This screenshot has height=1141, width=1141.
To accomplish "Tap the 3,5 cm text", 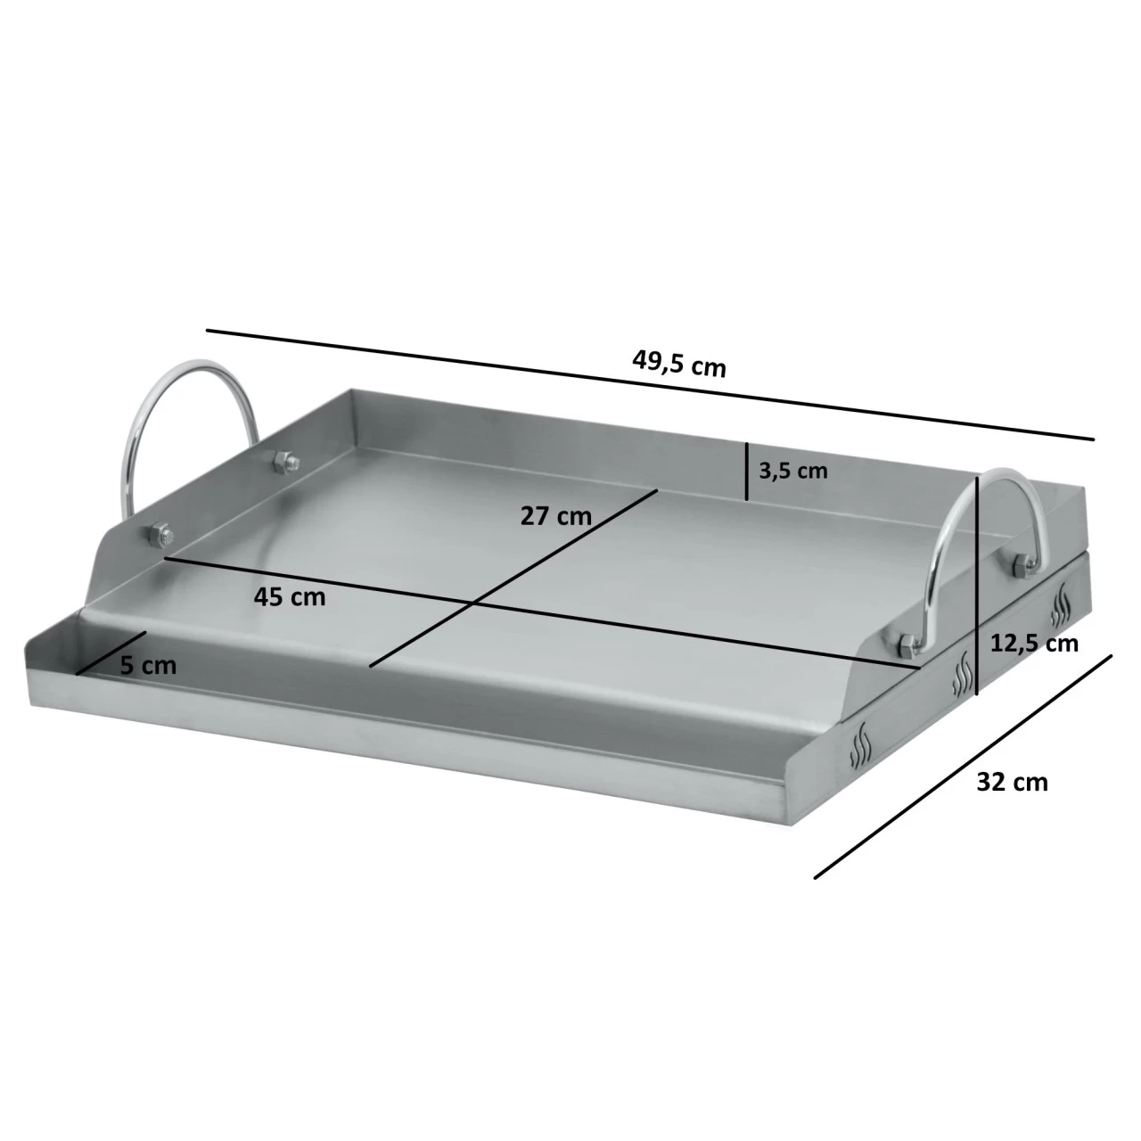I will tap(792, 471).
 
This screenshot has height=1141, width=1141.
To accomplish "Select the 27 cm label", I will tap(556, 516).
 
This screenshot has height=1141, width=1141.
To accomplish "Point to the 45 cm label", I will tap(290, 596).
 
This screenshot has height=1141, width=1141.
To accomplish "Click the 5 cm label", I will tap(148, 665).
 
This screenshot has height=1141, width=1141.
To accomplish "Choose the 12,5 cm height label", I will tap(1035, 643).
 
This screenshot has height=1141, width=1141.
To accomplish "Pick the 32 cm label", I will tap(1012, 782).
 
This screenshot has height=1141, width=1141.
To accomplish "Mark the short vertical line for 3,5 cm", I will tap(746, 472).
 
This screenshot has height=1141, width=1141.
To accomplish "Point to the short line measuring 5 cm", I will tap(111, 653).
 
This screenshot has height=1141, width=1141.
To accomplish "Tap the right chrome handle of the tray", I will tap(985, 517).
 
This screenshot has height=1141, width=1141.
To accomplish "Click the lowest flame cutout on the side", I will tap(859, 747).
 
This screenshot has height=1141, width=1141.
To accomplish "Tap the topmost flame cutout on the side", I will tap(1063, 606).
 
